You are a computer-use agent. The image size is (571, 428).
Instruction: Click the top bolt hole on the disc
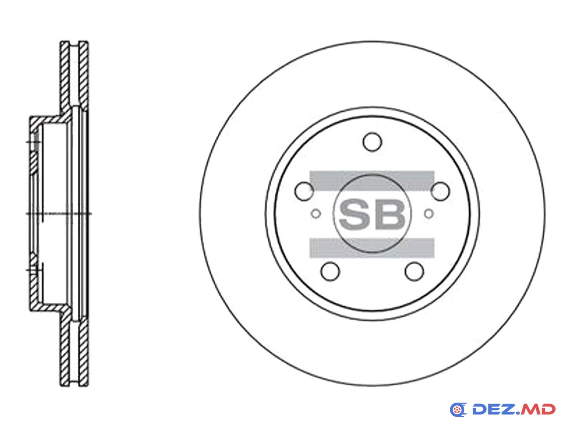[372, 142]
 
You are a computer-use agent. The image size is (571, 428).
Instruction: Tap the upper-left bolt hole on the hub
[304, 191]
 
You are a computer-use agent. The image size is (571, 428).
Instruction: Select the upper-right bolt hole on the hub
[440, 191]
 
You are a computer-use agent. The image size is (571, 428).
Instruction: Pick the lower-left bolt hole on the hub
[330, 271]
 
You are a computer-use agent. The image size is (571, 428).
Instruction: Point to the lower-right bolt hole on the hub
[414, 271]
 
